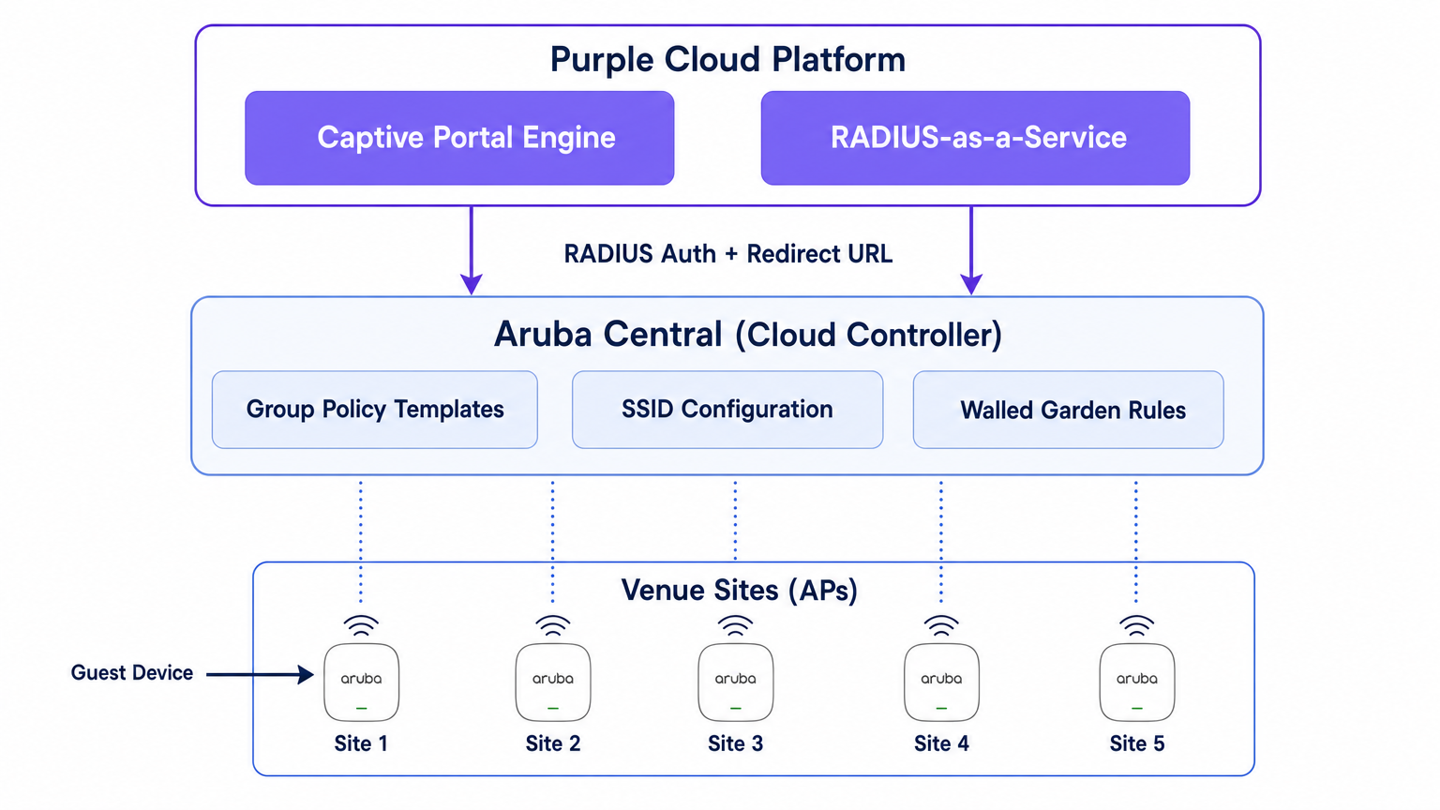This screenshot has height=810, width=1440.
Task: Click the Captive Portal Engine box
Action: coord(459,138)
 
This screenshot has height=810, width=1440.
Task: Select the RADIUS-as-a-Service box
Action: coord(975,138)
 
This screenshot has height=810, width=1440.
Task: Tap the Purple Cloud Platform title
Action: coord(727,59)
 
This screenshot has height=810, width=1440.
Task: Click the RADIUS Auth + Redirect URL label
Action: coord(727,254)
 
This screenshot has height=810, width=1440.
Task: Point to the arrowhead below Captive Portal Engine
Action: coord(472,284)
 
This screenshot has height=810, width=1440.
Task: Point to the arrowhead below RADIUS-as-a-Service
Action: coord(970,284)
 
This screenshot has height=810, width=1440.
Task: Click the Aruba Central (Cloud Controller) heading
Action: coord(747,335)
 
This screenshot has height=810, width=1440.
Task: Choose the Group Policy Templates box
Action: coord(375,410)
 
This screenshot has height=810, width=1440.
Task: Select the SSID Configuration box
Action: coord(727,410)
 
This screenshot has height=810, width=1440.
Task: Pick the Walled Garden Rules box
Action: coord(1069,410)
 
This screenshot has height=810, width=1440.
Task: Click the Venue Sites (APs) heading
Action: coord(740,590)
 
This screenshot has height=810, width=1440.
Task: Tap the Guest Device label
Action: coord(132,672)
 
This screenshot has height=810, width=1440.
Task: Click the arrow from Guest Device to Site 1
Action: coord(260,674)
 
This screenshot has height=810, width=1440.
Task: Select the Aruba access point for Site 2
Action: coord(553,682)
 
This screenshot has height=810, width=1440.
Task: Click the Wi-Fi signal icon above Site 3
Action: coord(735,625)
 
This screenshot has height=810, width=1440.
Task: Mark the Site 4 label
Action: coord(941,743)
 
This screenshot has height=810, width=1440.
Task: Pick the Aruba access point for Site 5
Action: coord(1136,682)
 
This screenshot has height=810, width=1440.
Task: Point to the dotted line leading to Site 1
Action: coord(361,541)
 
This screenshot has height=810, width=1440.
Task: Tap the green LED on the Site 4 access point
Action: coord(941,709)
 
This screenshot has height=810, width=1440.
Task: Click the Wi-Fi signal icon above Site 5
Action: coord(1136,625)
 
